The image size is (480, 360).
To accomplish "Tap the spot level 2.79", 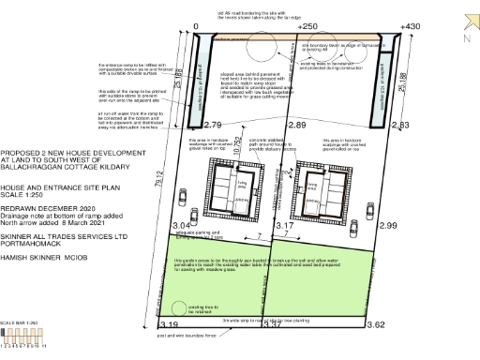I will [212, 125].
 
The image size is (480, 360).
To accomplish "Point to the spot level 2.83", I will [400, 125].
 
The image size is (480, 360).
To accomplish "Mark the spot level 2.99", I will [387, 226].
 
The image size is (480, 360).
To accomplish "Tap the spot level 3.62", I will [376, 324].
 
